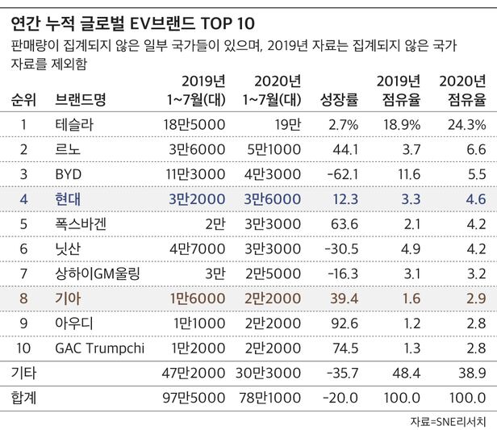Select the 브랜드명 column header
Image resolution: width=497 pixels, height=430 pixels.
(83, 100)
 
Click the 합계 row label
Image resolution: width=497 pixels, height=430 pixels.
(24, 399)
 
